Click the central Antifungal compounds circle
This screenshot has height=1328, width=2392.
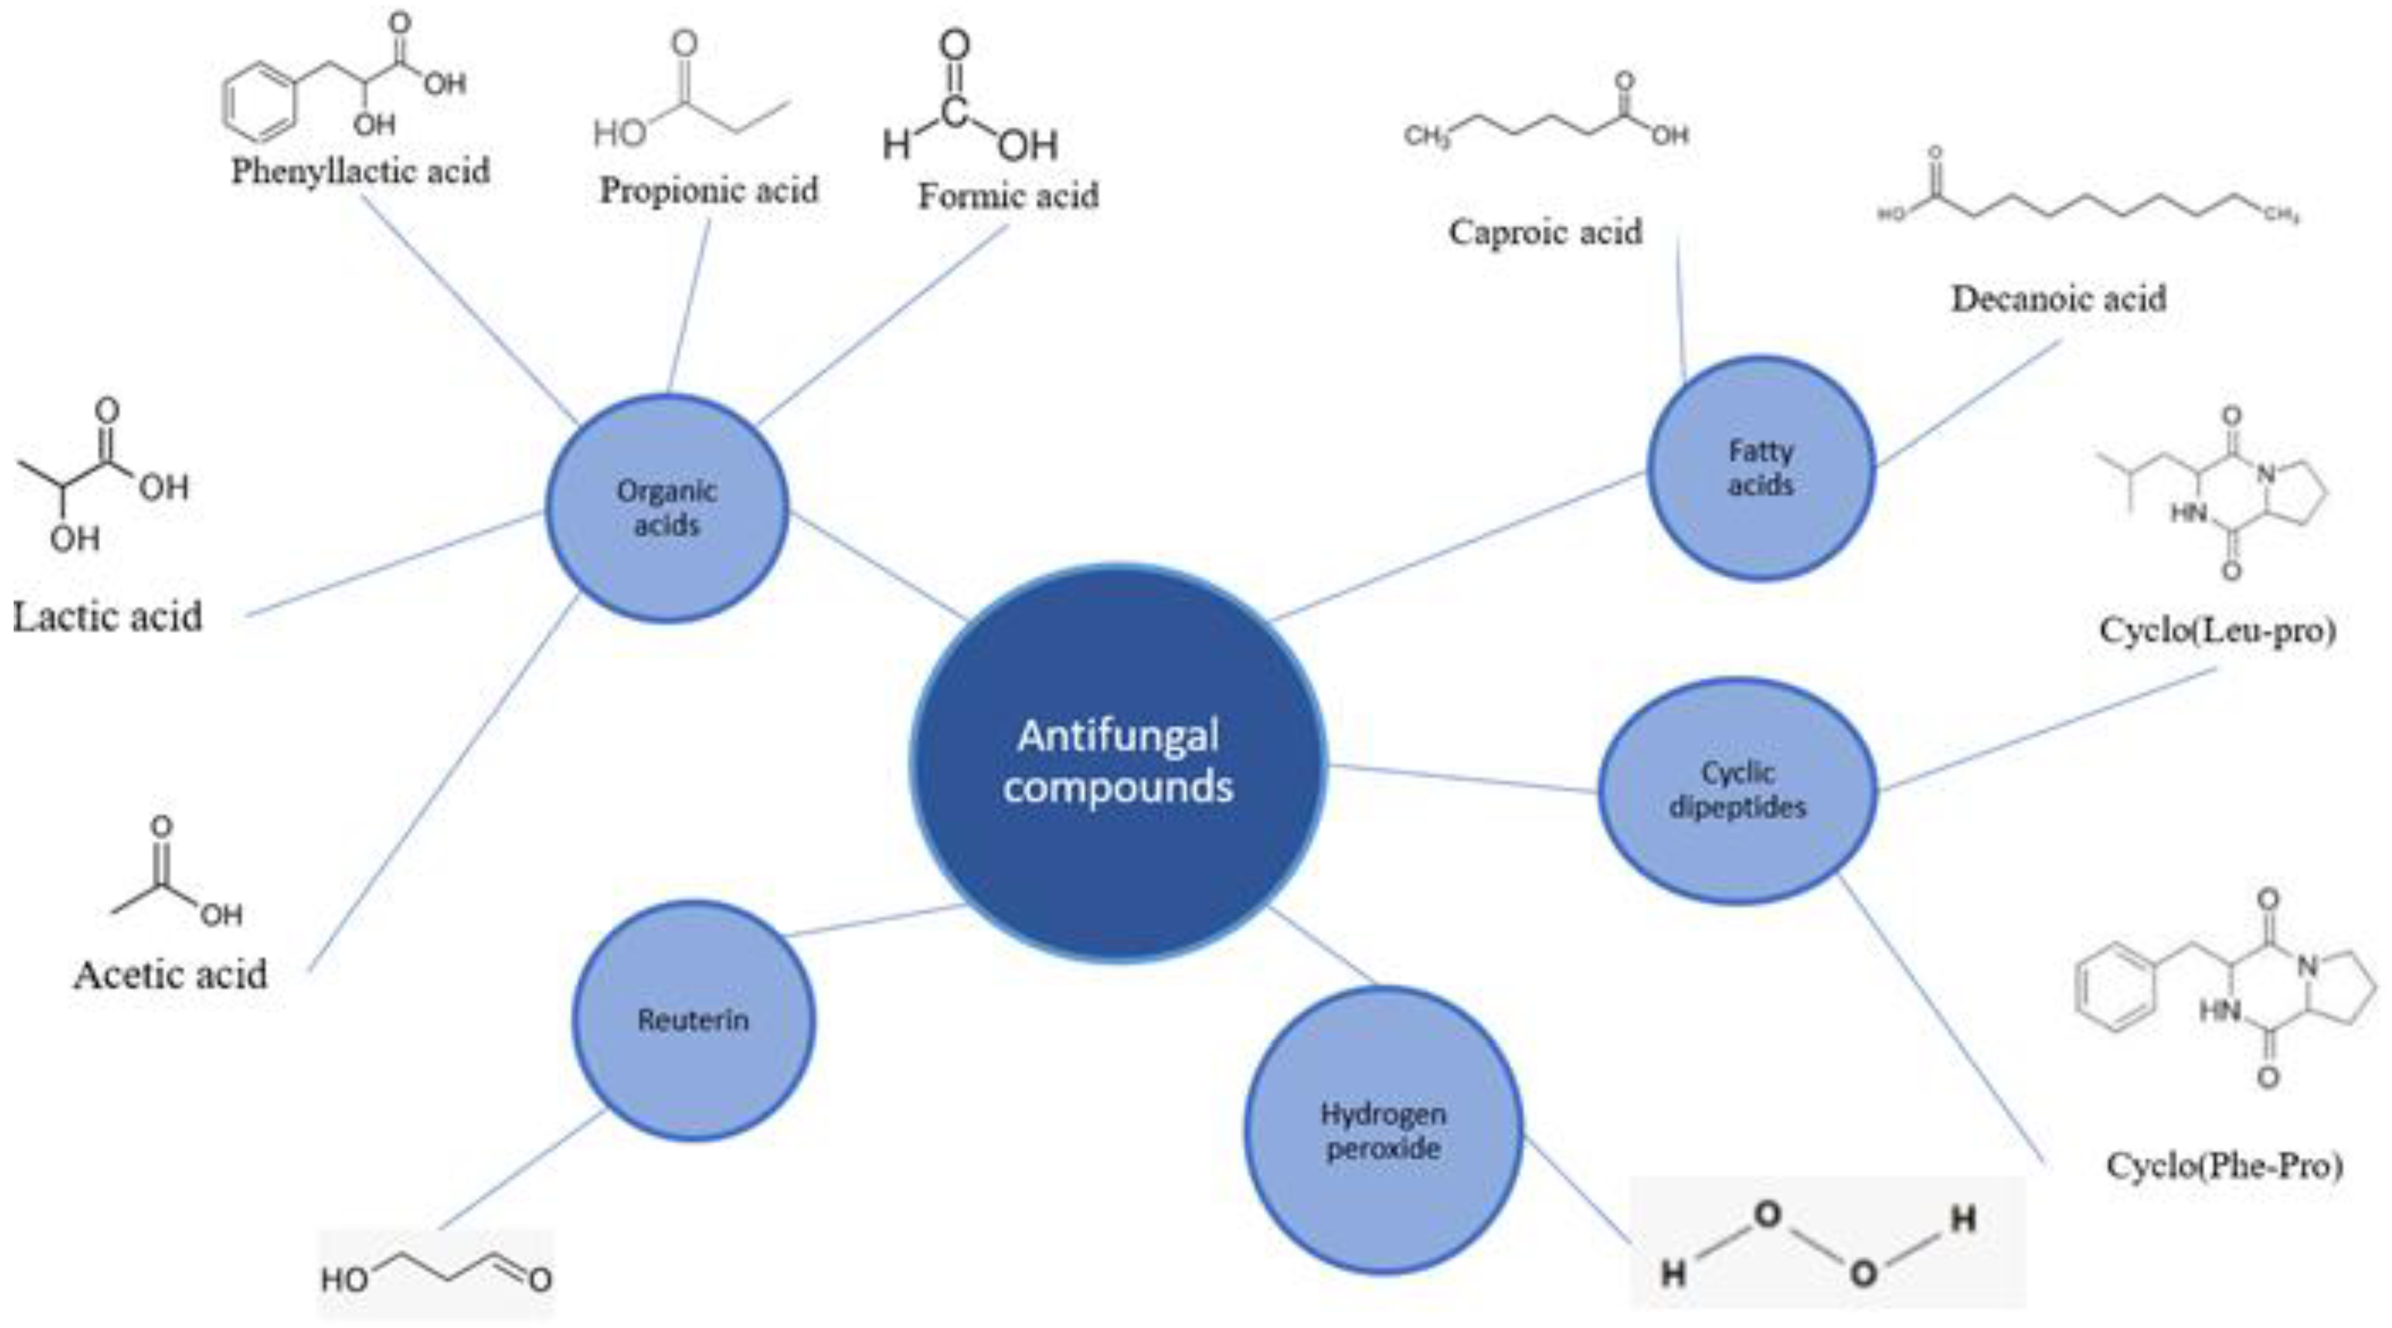[1118, 762]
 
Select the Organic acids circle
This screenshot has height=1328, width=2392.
[667, 508]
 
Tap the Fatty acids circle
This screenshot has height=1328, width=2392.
[1761, 468]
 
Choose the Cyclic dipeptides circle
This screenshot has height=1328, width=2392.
[1737, 790]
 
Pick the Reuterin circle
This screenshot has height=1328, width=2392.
[692, 1019]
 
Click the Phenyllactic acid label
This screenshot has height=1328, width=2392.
[360, 171]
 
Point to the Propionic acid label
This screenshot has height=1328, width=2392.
[708, 191]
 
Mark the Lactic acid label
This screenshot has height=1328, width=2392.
[108, 616]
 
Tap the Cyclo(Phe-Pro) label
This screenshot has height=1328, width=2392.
[2224, 1165]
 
